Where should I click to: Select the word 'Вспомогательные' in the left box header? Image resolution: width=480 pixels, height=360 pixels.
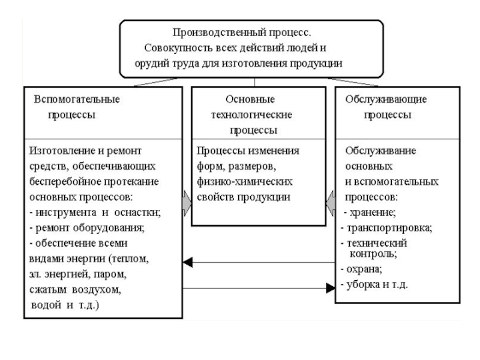[x=76, y=98]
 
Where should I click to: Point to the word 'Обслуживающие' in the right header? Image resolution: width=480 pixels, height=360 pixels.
[x=386, y=98]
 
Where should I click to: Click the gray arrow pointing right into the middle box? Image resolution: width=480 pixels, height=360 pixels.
[x=187, y=200]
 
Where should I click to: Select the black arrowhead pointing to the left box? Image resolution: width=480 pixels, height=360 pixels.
[x=188, y=262]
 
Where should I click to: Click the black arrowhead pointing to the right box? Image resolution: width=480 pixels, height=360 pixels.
[x=330, y=288]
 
